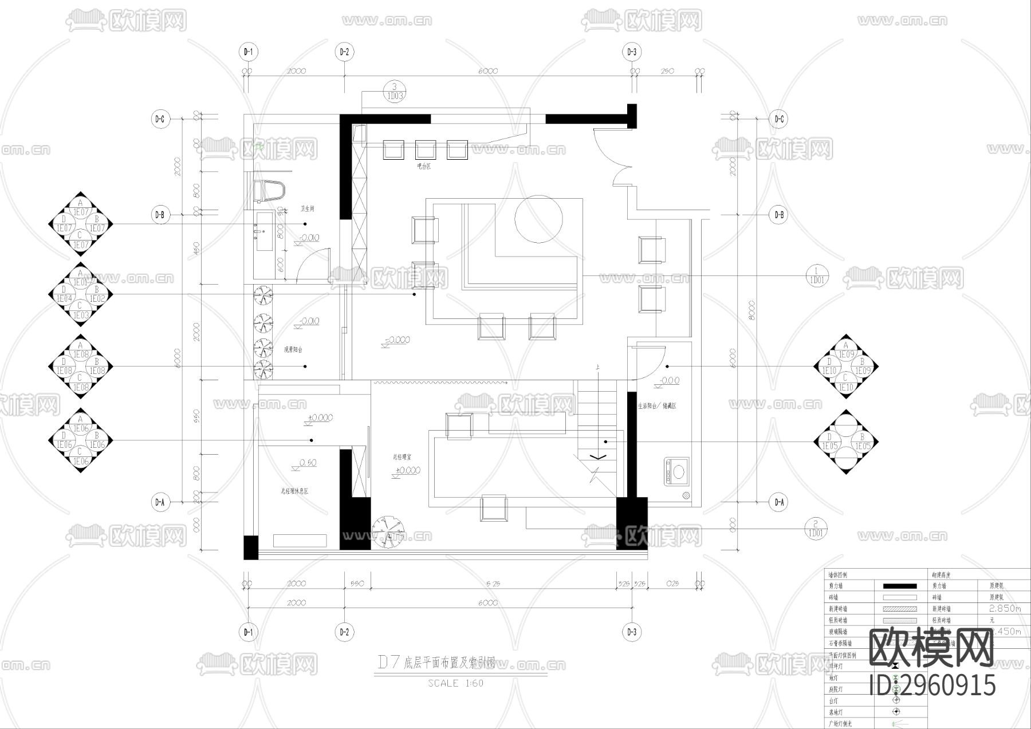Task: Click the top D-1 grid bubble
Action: (248, 52)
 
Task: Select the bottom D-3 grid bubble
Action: (631, 632)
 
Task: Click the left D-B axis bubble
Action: (159, 215)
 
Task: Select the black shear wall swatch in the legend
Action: (899, 586)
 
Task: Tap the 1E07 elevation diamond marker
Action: (80, 224)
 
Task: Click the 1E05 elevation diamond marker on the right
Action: (846, 442)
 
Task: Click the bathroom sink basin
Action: (265, 231)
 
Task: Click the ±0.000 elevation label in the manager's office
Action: (407, 471)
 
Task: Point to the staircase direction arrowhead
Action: (597, 457)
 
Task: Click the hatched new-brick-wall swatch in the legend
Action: (899, 609)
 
